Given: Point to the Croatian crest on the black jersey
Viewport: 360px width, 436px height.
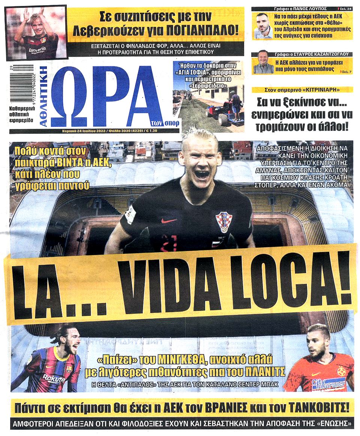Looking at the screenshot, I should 224,222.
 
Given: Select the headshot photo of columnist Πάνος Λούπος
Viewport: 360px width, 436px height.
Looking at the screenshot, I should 263,26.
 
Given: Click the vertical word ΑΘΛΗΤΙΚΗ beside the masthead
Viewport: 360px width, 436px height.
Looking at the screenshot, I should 44,97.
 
